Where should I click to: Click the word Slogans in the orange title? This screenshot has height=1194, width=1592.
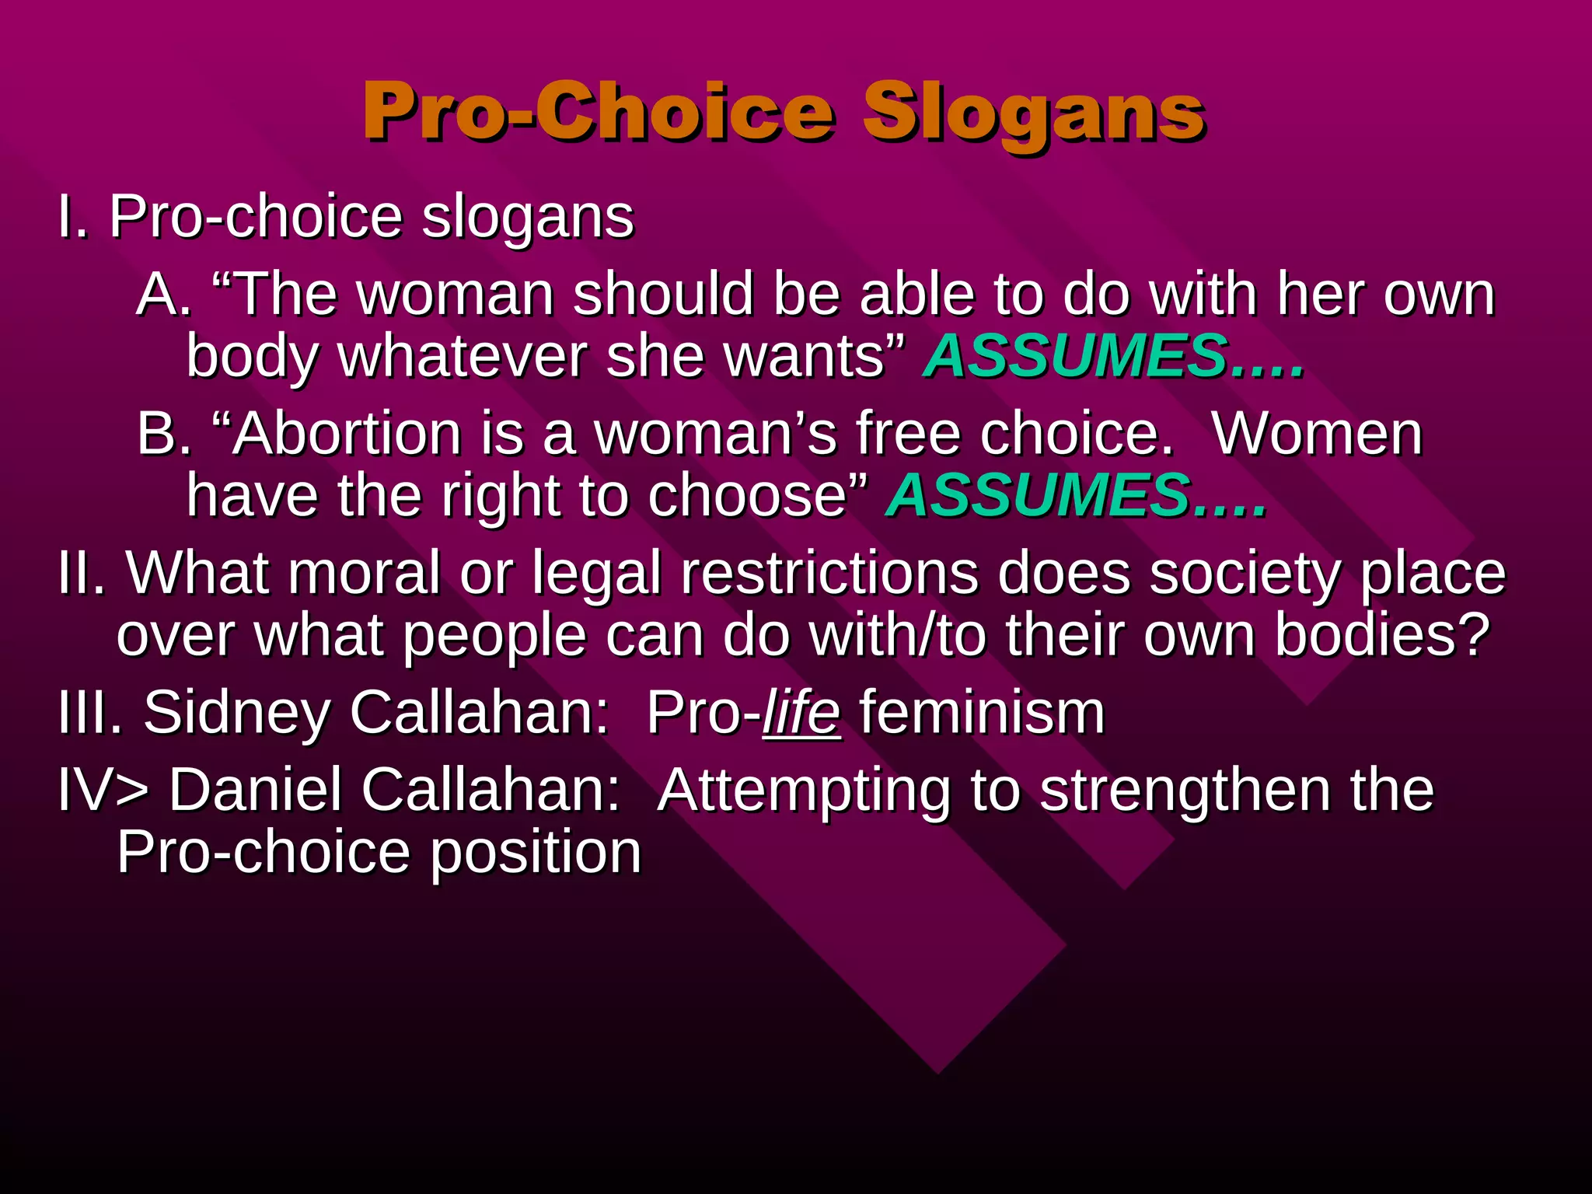(x=1034, y=113)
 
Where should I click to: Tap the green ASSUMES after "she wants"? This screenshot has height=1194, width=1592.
(x=1077, y=356)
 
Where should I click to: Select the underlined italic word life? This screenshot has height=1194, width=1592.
(x=801, y=712)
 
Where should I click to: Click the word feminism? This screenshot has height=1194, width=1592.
(x=982, y=712)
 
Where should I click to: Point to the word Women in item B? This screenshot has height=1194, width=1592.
(x=1318, y=434)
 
